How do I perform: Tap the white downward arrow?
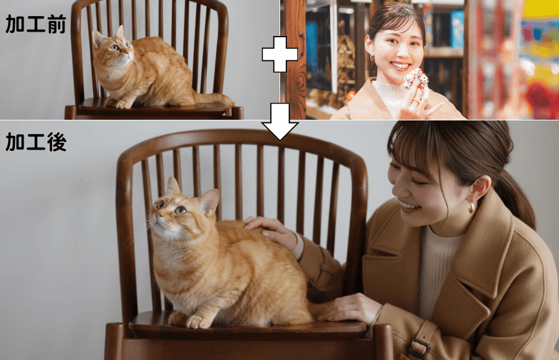click(279, 128)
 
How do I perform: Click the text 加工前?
click(35, 24)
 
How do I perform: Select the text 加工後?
click(35, 142)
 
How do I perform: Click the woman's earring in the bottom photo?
click(470, 207)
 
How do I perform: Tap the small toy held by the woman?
click(415, 79)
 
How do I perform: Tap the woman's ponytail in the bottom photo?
click(519, 199)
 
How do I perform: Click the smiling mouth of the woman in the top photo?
click(399, 65)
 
